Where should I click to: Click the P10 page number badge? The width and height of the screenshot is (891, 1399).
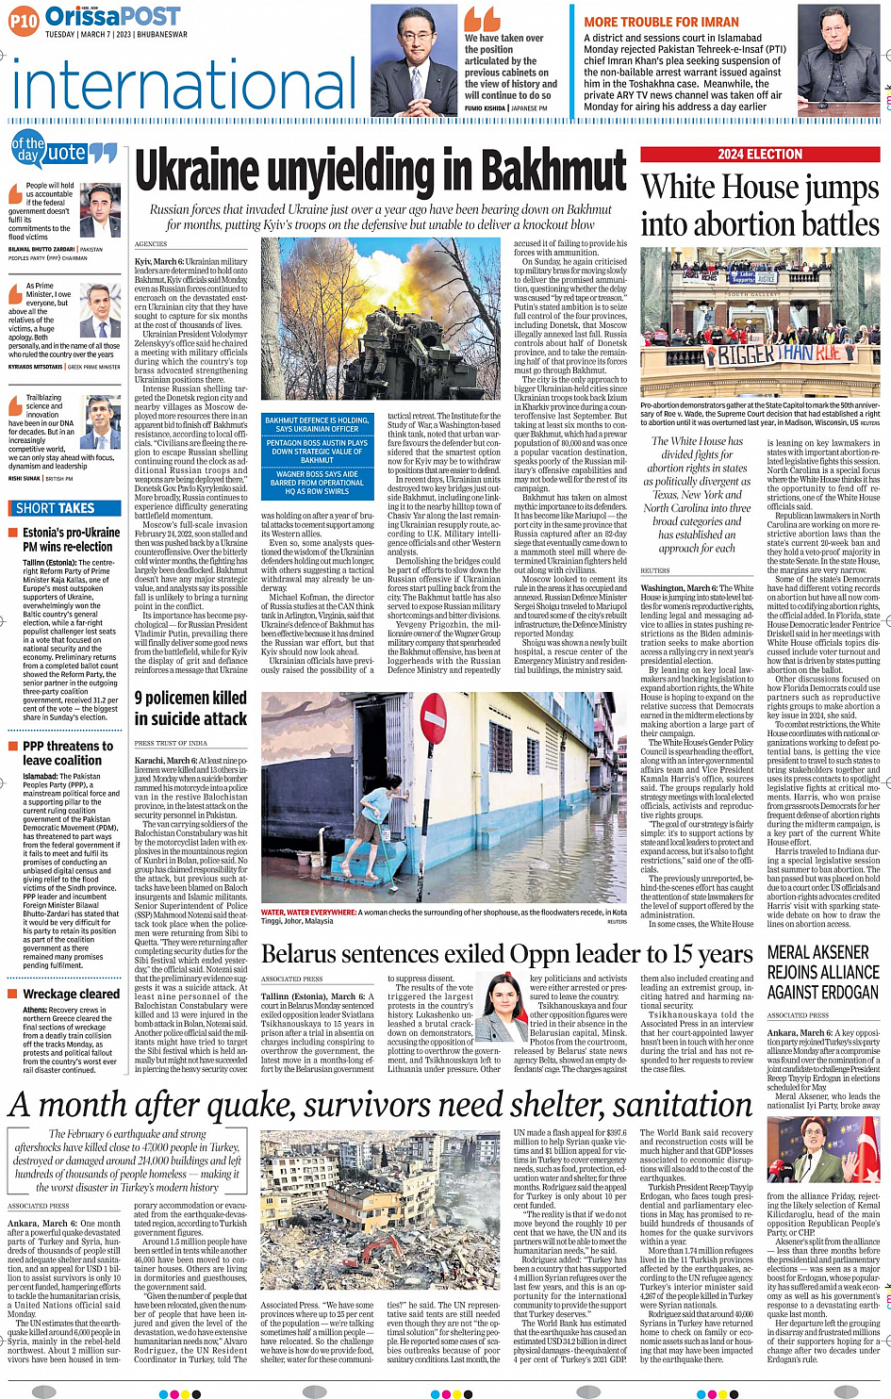click(25, 20)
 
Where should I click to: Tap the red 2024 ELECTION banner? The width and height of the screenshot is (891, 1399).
click(760, 154)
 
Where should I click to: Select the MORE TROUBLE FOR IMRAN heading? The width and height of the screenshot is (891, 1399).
click(661, 22)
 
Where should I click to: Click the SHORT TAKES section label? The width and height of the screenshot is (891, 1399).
click(56, 508)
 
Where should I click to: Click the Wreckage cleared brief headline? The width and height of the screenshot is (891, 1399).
click(72, 994)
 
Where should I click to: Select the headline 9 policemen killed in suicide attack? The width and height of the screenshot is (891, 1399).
click(190, 708)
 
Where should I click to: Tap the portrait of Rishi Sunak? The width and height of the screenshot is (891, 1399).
click(103, 422)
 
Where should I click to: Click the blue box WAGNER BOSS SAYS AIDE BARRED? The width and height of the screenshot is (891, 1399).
click(317, 482)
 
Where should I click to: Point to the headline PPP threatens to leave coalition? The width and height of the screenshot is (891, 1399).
click(68, 753)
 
